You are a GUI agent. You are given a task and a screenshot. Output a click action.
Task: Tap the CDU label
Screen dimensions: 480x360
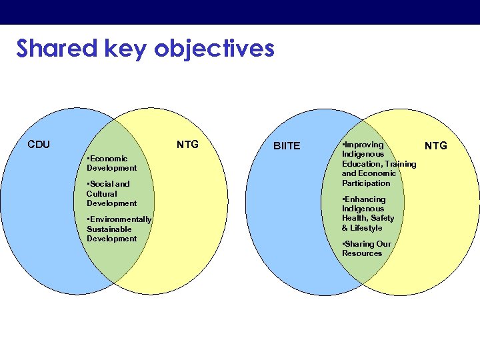pyautogui.click(x=39, y=144)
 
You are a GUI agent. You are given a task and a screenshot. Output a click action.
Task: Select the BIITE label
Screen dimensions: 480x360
pyautogui.click(x=287, y=146)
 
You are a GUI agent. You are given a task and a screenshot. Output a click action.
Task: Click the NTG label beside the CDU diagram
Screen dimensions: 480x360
pyautogui.click(x=187, y=144)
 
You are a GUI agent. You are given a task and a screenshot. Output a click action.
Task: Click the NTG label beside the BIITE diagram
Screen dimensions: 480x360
pyautogui.click(x=436, y=145)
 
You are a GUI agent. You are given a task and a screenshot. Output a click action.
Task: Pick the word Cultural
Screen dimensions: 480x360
pyautogui.click(x=102, y=193)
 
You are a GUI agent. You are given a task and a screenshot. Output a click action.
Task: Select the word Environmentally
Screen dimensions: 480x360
pyautogui.click(x=121, y=219)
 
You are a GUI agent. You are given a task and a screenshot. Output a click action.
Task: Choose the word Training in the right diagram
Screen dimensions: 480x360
pyautogui.click(x=401, y=164)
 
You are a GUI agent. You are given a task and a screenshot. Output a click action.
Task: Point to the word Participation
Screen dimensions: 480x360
pyautogui.click(x=366, y=183)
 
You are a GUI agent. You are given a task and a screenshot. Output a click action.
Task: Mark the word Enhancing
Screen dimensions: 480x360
pyautogui.click(x=365, y=199)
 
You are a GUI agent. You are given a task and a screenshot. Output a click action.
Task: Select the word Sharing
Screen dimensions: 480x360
pyautogui.click(x=359, y=244)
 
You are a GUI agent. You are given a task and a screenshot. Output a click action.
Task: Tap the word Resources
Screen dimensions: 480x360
pyautogui.click(x=362, y=253)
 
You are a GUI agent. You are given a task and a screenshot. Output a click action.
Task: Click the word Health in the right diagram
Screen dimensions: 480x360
pyautogui.click(x=354, y=218)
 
